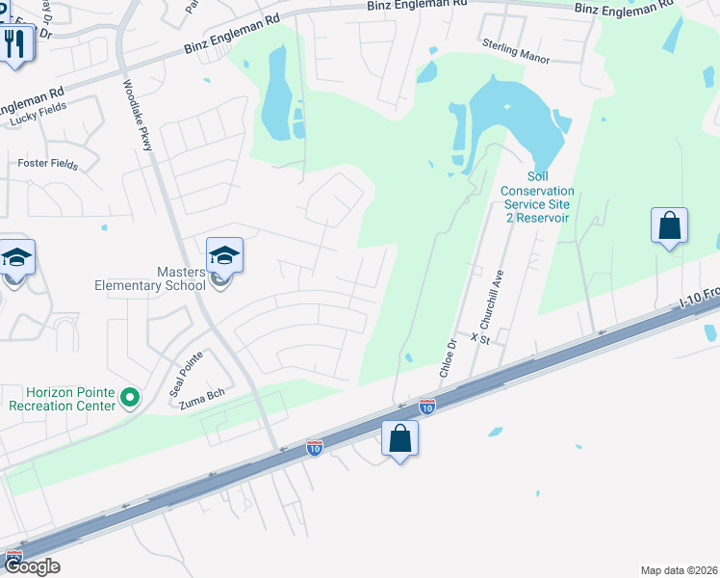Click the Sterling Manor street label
[516, 57]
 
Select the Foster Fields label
[48, 164]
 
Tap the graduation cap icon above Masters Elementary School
[223, 255]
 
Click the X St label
[480, 338]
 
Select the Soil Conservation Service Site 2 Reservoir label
[535, 197]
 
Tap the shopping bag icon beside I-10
[400, 438]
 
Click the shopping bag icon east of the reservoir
[669, 226]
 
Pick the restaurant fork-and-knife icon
[13, 41]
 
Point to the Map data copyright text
[680, 570]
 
